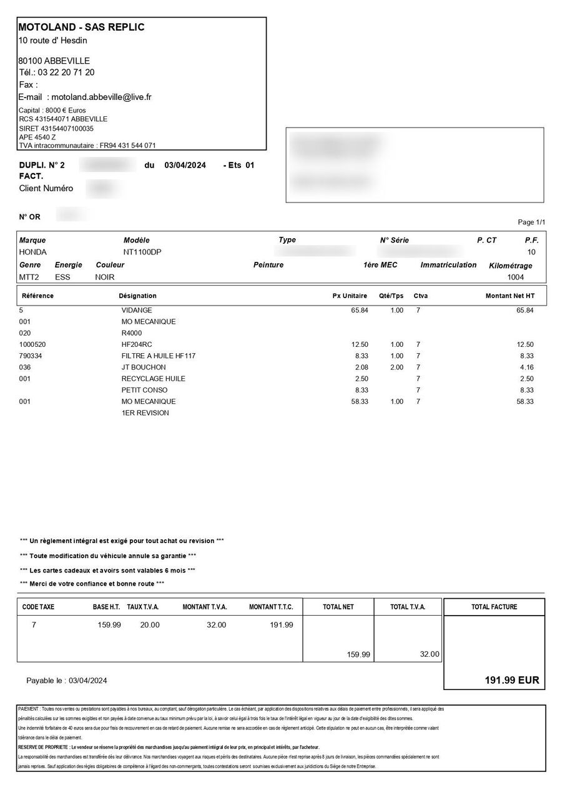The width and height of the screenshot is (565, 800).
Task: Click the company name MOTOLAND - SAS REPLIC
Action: pyautogui.click(x=82, y=27)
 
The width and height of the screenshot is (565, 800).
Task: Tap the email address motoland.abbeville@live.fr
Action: pyautogui.click(x=101, y=97)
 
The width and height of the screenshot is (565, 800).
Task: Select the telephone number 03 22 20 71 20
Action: pyautogui.click(x=66, y=72)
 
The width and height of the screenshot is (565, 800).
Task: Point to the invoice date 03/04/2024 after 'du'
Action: pyautogui.click(x=185, y=166)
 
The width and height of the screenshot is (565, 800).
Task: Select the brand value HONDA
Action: pyautogui.click(x=33, y=252)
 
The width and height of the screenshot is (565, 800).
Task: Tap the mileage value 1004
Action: pyautogui.click(x=516, y=277)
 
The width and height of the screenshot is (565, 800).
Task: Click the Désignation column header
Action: pyautogui.click(x=137, y=296)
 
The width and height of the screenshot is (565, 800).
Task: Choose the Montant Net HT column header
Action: pyautogui.click(x=509, y=296)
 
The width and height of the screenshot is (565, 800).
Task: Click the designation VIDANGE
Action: pyautogui.click(x=137, y=311)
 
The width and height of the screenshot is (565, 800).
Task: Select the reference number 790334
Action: pyautogui.click(x=31, y=356)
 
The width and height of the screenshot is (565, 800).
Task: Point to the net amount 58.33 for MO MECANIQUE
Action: pyautogui.click(x=525, y=401)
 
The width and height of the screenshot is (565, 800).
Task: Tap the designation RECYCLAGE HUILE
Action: pyautogui.click(x=153, y=379)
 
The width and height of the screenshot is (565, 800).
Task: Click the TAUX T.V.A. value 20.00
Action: pyautogui.click(x=150, y=624)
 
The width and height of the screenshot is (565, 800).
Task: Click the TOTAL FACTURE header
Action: pyautogui.click(x=494, y=607)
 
